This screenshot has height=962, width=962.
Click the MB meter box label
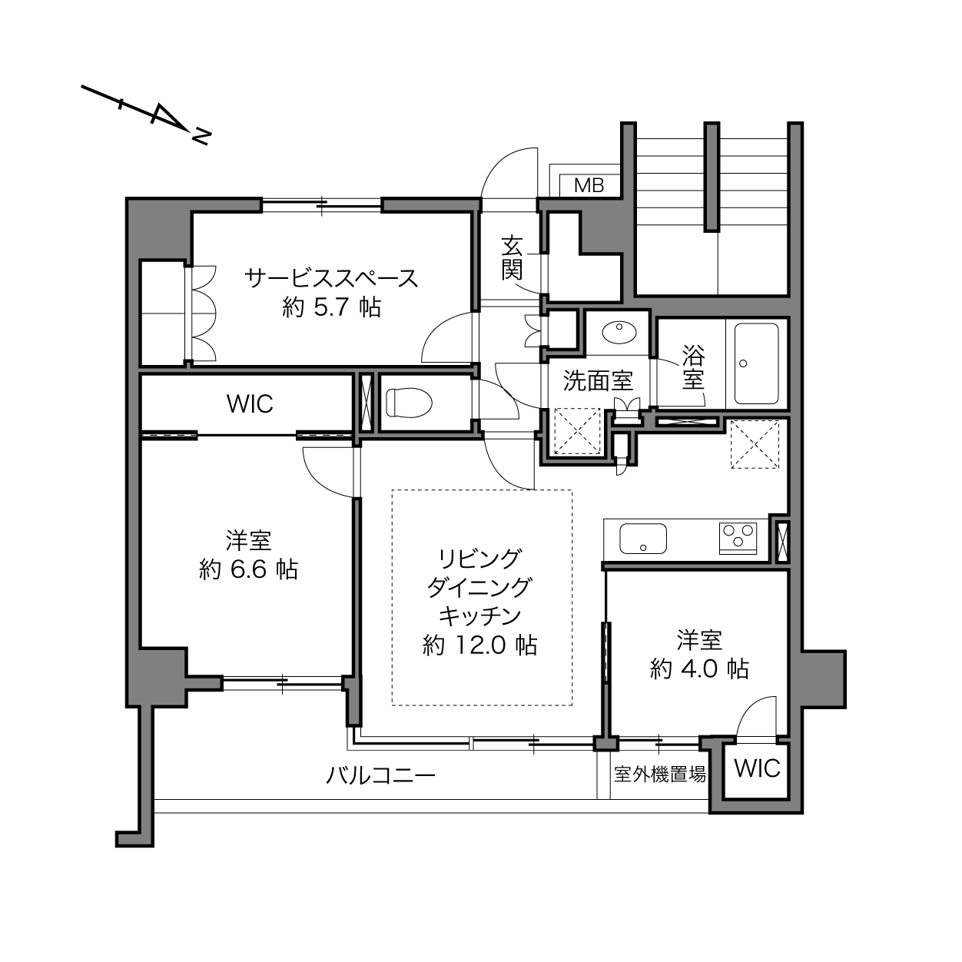coord(589,186)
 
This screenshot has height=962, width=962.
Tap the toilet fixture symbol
coord(409,403)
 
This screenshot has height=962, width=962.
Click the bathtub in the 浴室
coord(756,363)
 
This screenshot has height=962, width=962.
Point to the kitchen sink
coord(643,539)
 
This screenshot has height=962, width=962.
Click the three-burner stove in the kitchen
coord(738,538)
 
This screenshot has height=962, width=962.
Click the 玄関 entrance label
coord(512,259)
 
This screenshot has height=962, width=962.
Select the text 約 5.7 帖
coord(331,307)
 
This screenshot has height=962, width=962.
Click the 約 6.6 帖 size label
coord(248,569)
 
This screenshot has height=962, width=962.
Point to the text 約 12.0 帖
coord(479,645)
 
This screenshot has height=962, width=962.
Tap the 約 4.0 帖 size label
coord(699,668)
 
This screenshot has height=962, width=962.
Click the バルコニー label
coord(380,776)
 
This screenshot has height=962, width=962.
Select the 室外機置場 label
coord(659,775)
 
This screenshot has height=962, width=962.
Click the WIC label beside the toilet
coord(250,404)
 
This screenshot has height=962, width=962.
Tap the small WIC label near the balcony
coord(757,768)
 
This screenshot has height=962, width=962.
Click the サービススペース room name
coord(331,278)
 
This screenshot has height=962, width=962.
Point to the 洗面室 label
coord(598,381)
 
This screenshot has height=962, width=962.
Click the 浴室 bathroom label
coord(693,368)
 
